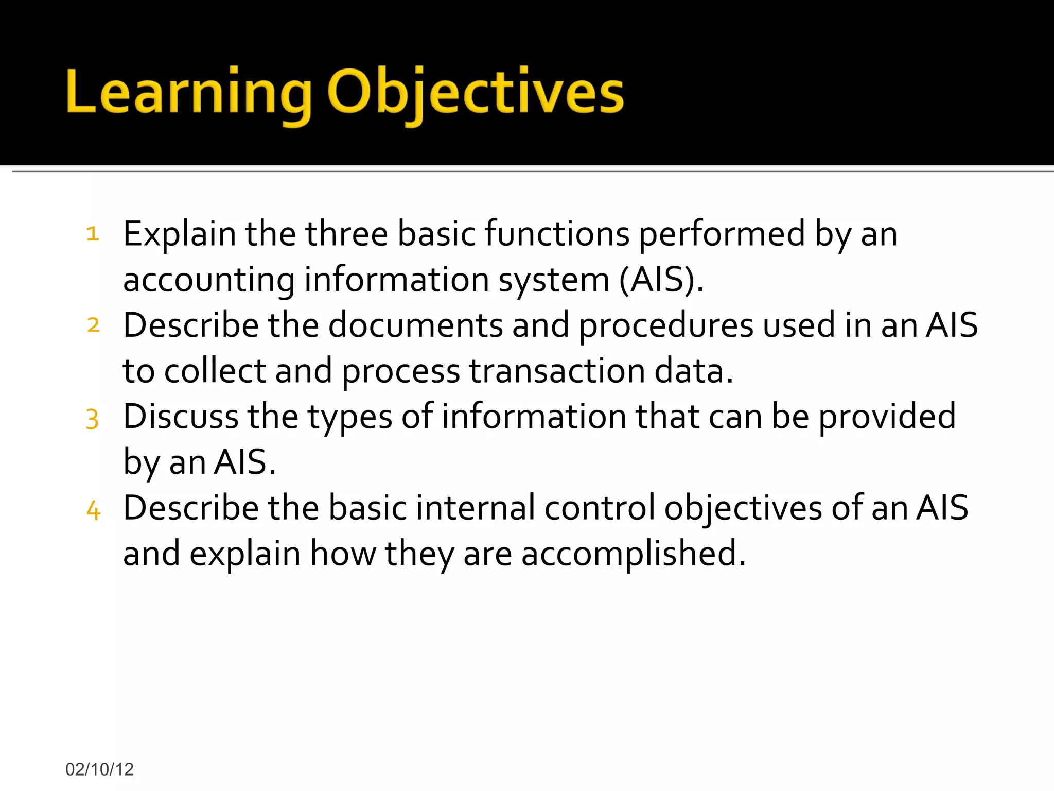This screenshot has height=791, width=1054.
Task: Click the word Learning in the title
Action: pyautogui.click(x=188, y=93)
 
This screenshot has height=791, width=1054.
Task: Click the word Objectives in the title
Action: pyautogui.click(x=475, y=93)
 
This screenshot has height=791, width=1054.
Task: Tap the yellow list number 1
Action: pyautogui.click(x=93, y=234)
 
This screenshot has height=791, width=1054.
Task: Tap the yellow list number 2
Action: pyautogui.click(x=93, y=325)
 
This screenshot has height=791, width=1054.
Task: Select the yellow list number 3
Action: pyautogui.click(x=92, y=419)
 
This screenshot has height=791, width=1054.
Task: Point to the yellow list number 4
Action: pyautogui.click(x=93, y=510)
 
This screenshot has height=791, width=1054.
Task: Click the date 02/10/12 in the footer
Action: pyautogui.click(x=99, y=769)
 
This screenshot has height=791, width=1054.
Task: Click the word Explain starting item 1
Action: pyautogui.click(x=179, y=234)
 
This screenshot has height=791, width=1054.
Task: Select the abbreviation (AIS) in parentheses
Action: pyautogui.click(x=661, y=280)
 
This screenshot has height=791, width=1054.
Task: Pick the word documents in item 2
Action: pyautogui.click(x=415, y=325)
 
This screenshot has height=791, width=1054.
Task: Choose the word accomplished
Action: pyautogui.click(x=633, y=554)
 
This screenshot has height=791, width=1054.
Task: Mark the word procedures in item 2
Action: pyautogui.click(x=666, y=325)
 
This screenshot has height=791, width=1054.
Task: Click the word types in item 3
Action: pyautogui.click(x=350, y=417)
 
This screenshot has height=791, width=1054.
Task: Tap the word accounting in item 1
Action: pyautogui.click(x=209, y=281)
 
